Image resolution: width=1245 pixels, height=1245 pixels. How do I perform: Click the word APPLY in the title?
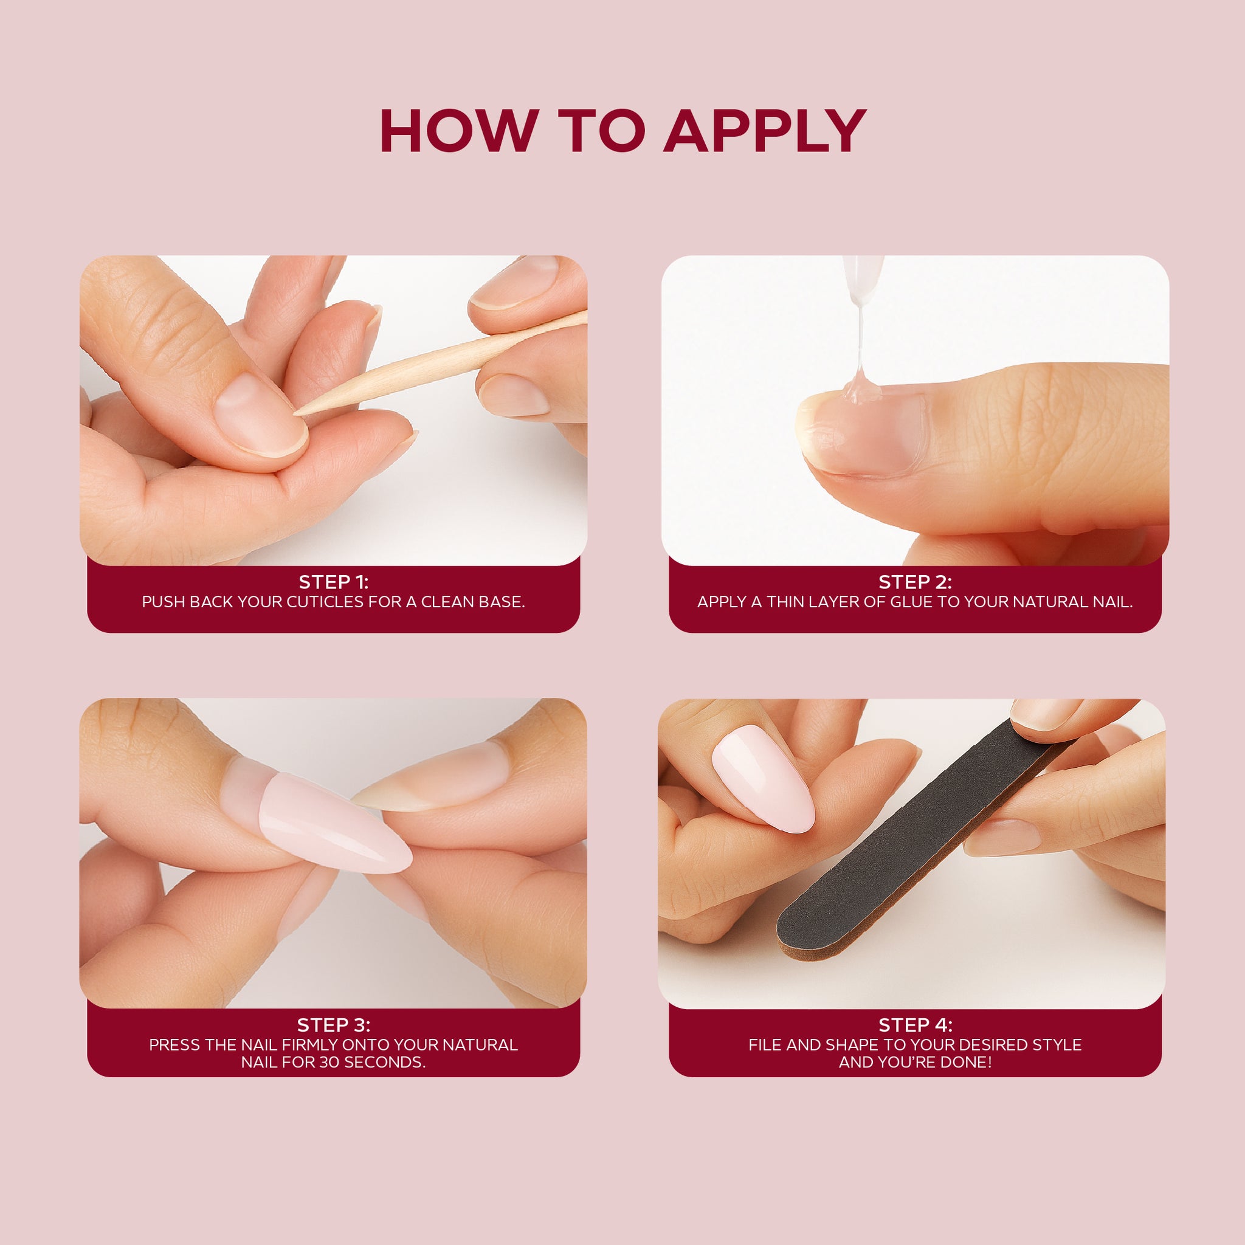765,131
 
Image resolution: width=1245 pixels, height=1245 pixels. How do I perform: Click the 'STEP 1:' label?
333,582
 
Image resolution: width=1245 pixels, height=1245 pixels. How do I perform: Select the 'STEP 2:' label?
915,582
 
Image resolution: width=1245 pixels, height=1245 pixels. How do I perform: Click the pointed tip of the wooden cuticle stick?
295,412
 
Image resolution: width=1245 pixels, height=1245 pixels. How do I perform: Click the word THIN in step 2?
785,602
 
